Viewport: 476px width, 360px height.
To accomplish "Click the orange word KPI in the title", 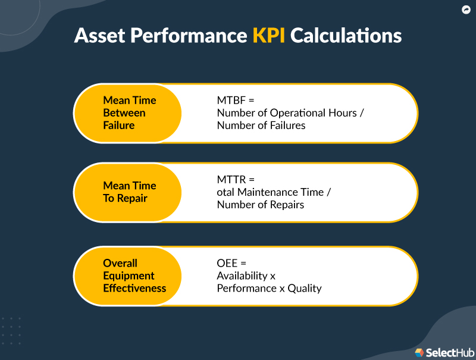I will click(269, 35).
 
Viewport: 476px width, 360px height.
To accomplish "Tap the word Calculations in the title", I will click(346, 35).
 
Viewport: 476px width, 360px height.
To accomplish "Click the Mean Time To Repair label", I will click(130, 192).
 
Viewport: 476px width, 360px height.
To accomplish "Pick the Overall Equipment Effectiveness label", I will click(134, 276).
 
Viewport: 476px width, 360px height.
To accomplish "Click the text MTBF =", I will click(236, 100).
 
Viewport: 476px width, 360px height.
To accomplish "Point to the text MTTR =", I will click(236, 179).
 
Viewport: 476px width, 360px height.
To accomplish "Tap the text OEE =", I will click(231, 263).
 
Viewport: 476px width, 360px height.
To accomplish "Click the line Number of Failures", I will click(261, 125).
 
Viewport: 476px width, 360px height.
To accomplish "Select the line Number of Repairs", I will click(261, 205).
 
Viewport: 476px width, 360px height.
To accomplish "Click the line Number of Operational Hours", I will click(287, 112).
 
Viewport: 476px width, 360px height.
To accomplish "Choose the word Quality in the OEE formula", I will click(305, 288).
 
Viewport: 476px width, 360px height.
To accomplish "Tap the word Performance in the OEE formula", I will click(244, 288).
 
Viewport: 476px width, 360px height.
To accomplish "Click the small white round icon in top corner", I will click(466, 10).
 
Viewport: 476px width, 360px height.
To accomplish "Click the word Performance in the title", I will click(188, 35).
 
